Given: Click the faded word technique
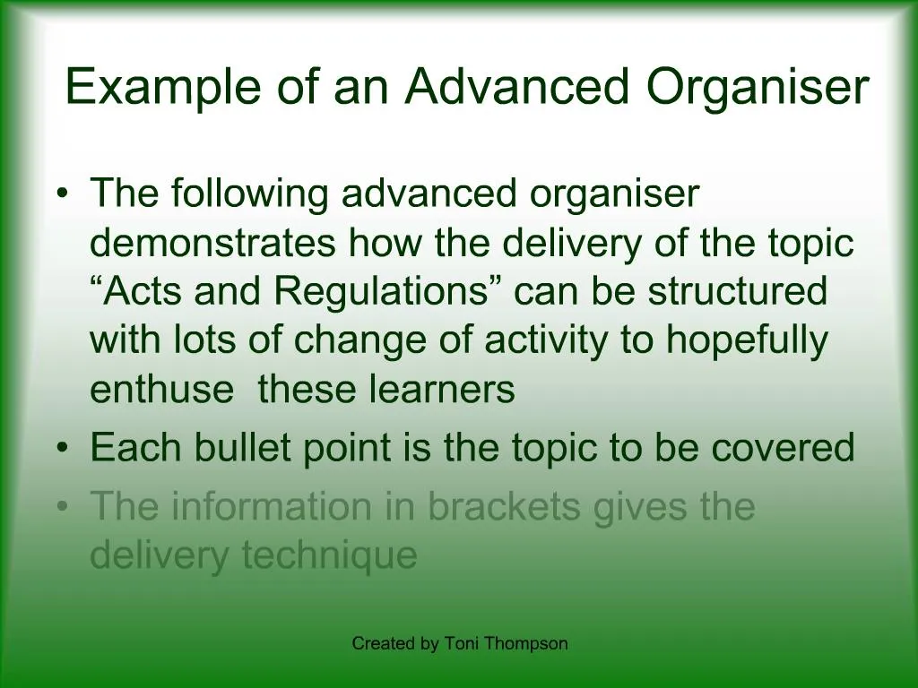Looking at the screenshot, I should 329,556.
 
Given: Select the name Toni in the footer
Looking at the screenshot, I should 461,643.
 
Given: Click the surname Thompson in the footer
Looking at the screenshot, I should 526,643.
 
